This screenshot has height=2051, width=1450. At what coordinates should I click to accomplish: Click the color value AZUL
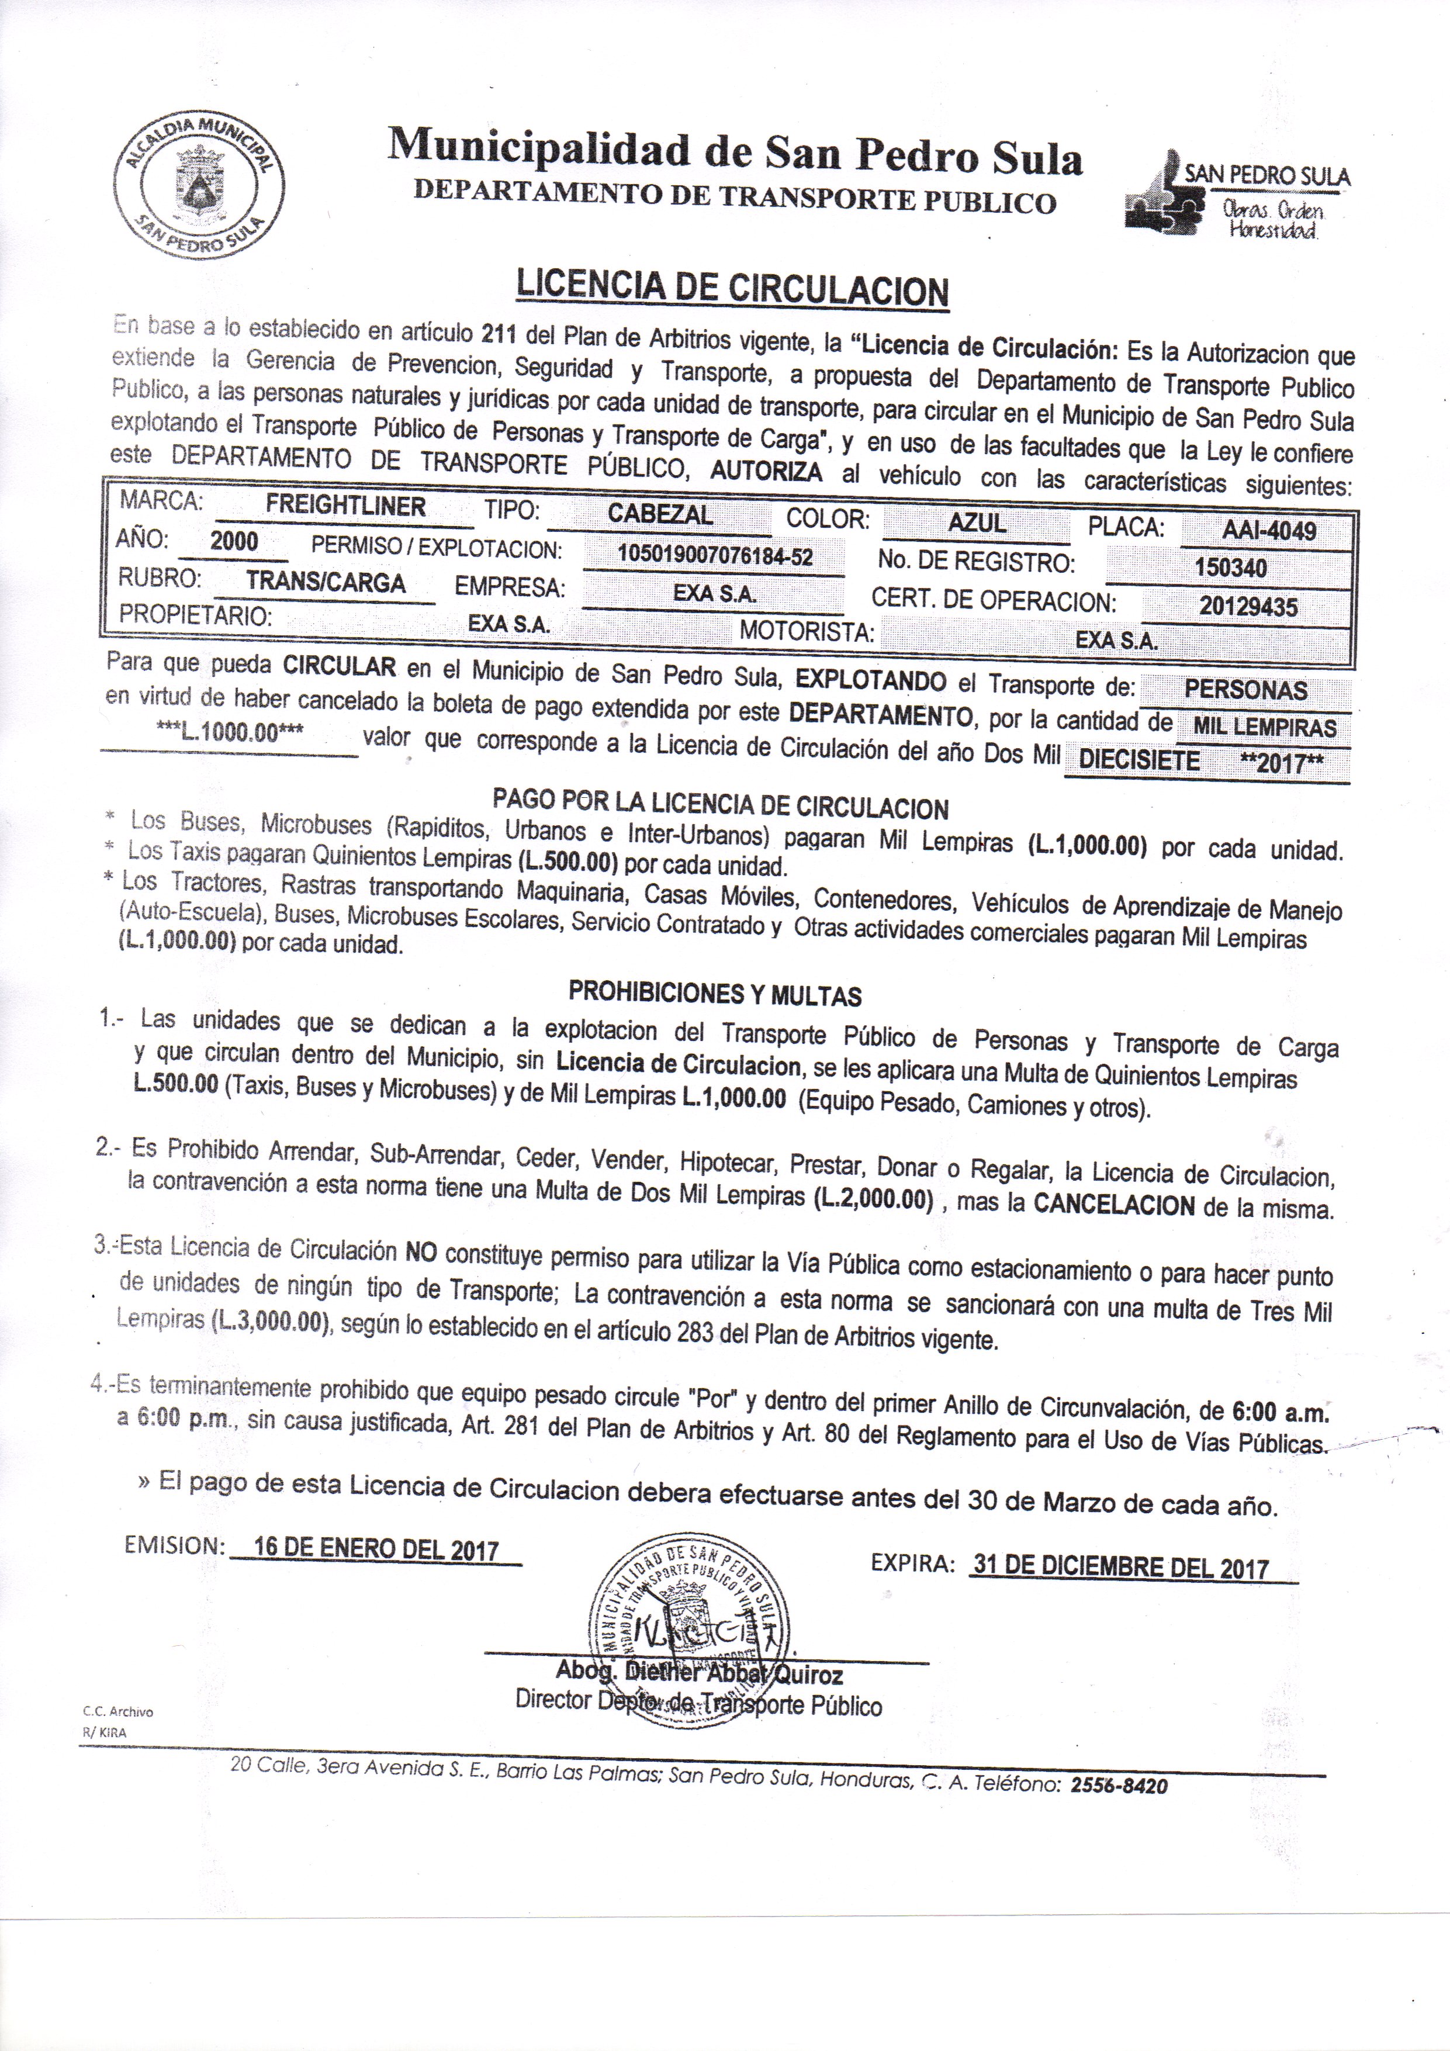[977, 523]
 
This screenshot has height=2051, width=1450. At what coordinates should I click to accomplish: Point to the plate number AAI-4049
[1269, 531]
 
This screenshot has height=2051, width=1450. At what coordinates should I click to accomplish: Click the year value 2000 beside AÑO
[234, 541]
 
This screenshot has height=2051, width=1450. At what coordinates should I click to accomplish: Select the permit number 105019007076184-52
[715, 556]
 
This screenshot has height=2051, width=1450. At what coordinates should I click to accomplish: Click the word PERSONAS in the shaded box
[1245, 690]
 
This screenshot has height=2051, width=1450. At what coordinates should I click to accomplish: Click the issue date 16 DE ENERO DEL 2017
[375, 1548]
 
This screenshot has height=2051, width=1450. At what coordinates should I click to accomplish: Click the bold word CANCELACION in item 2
[1113, 1205]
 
